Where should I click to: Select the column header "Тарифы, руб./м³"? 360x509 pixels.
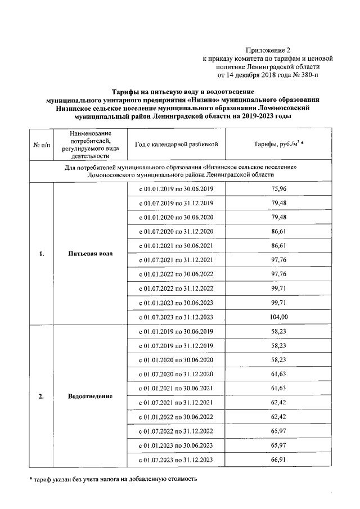280,144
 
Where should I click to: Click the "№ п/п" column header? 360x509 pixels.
42,145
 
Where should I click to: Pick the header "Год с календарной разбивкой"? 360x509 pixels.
177,144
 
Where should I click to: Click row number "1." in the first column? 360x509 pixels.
42,253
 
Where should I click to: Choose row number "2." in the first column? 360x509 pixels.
42,396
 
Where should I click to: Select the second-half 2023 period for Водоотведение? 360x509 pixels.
177,460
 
